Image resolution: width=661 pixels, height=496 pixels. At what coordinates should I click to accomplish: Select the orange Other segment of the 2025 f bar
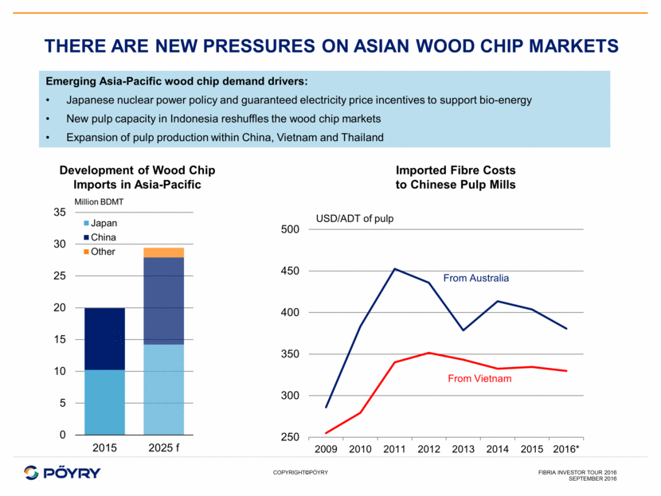[x=164, y=252]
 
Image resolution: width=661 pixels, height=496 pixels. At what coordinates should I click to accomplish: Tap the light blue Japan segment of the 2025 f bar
[x=164, y=389]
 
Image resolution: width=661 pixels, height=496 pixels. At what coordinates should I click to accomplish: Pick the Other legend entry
[x=103, y=252]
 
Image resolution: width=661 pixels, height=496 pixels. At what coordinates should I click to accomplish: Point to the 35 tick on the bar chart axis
[x=60, y=213]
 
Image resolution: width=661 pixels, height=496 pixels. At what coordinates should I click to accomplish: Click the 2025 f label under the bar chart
[x=164, y=448]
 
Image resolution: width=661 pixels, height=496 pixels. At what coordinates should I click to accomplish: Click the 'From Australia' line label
[x=477, y=279]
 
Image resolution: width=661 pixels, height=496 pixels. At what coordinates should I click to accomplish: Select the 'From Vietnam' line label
[x=479, y=379]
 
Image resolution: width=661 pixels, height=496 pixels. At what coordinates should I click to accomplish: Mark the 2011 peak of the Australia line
[x=396, y=269]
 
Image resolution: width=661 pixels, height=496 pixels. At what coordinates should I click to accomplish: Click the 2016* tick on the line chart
[x=565, y=449]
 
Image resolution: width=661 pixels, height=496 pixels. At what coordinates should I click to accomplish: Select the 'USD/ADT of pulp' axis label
[x=355, y=217]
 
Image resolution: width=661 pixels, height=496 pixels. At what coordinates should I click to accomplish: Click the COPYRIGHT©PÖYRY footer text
[x=300, y=474]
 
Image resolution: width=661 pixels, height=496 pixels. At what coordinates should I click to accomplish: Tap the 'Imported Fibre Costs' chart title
[x=456, y=170]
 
